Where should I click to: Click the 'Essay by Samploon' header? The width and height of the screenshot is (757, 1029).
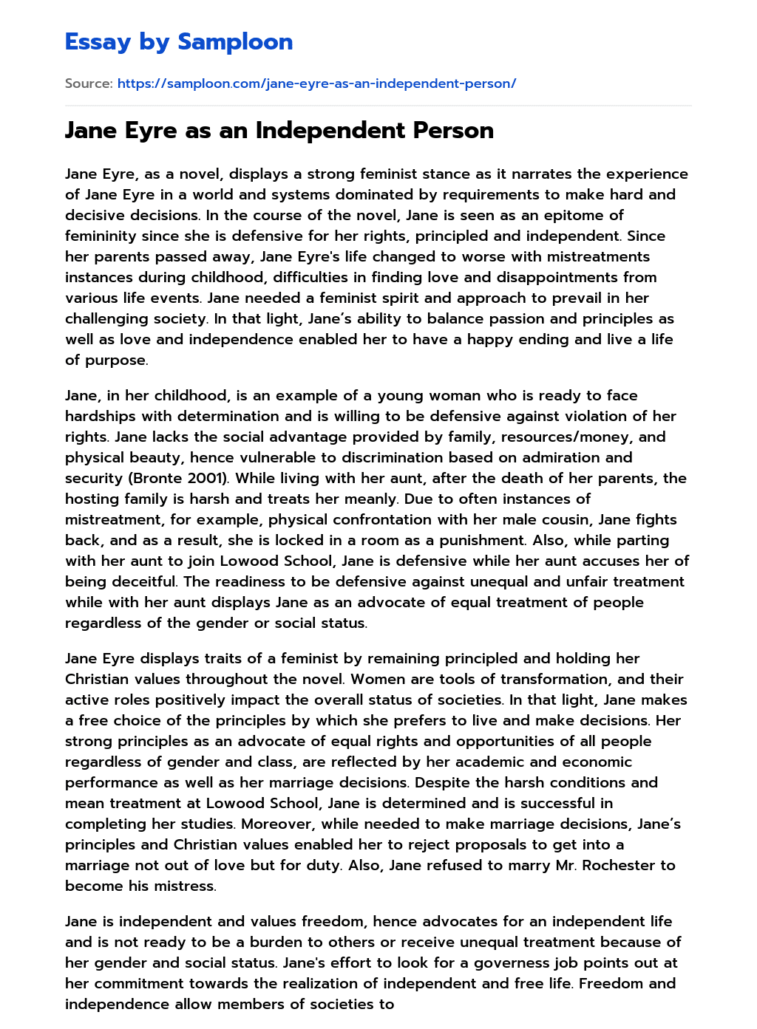pos(179,42)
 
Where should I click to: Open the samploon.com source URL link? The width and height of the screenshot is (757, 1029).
pos(316,83)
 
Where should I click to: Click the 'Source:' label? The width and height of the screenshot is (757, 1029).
pos(89,83)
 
